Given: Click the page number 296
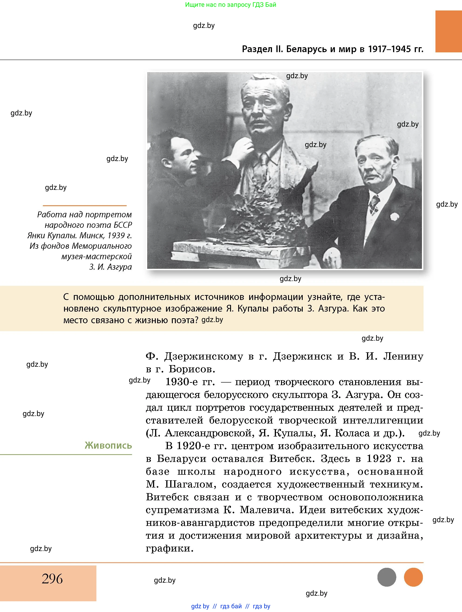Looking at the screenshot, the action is point(52,578).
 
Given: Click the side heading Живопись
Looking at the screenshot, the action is point(108,445).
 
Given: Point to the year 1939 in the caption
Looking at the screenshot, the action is point(116,235).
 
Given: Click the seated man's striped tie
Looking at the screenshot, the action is point(374,205).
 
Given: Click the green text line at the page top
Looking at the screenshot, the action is point(231,5).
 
